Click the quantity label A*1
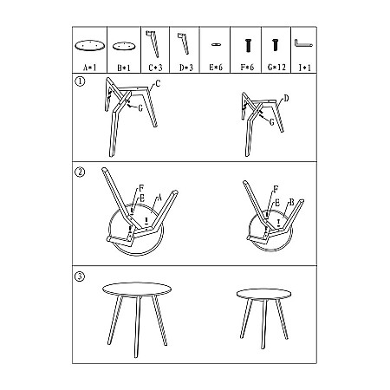[90, 68]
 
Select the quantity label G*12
[276, 68]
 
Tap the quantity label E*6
[216, 68]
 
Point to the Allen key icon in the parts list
[303, 43]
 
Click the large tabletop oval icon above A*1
[89, 46]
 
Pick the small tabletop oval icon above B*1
[124, 46]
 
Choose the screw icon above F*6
[248, 45]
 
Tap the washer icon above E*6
[216, 44]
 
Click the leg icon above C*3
[153, 44]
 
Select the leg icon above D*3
[183, 43]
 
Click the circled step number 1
[80, 81]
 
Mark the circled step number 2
[80, 172]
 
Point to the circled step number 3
[80, 276]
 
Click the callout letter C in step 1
[158, 83]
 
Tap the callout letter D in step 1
[286, 99]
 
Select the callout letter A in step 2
[159, 198]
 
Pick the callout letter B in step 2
[291, 202]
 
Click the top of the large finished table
[137, 289]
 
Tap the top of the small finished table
[263, 294]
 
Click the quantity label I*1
[304, 68]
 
